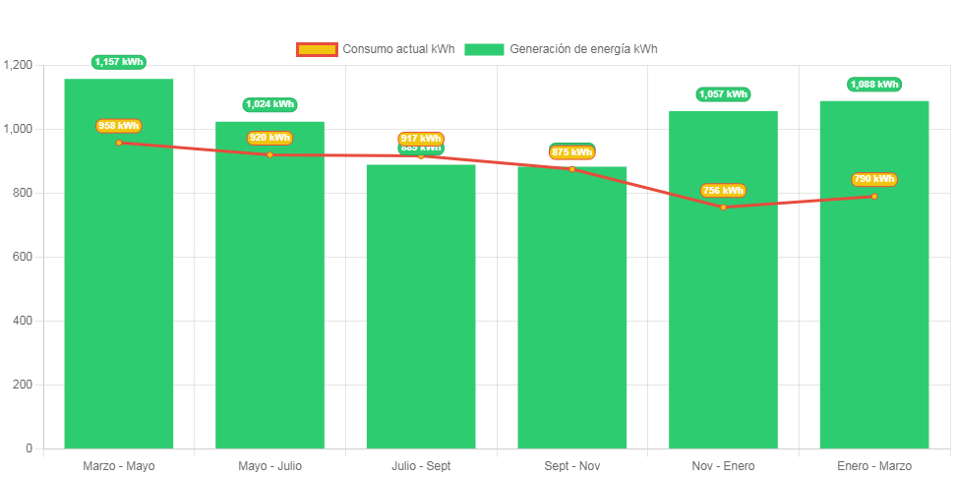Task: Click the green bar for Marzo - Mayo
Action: [x=119, y=295]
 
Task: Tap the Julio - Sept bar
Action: [x=421, y=315]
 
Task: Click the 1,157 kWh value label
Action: [x=119, y=62]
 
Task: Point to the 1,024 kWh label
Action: [x=269, y=104]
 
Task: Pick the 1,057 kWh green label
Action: [x=723, y=94]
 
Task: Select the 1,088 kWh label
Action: [x=874, y=85]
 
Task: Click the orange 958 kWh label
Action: [x=119, y=126]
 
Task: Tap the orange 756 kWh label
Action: [x=723, y=191]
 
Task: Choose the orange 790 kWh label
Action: [x=874, y=179]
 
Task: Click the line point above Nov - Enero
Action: [x=723, y=207]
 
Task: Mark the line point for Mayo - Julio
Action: [x=269, y=154]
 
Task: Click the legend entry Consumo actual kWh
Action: [x=375, y=49]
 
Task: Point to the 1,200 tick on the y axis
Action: [x=19, y=65]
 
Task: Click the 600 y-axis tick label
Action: [x=23, y=257]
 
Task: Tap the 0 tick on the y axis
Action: [x=29, y=448]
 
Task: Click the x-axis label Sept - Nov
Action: [x=572, y=466]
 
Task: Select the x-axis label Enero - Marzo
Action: [x=874, y=466]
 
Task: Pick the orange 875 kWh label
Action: [x=572, y=152]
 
